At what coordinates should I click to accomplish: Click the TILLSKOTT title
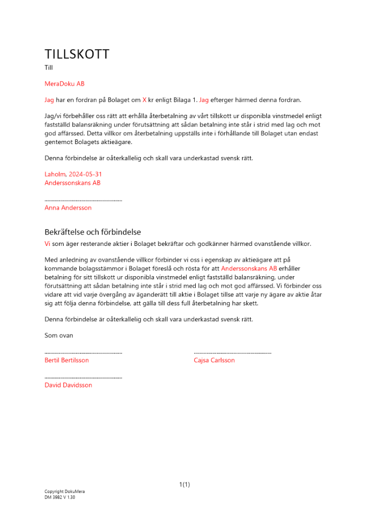(77, 54)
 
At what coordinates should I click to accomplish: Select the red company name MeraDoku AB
(65, 84)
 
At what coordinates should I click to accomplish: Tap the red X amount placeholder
(145, 100)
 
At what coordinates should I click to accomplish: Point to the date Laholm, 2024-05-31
(70, 174)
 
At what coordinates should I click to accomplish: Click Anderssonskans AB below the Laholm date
(73, 183)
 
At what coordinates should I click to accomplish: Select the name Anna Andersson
(68, 208)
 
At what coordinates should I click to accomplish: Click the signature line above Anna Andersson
(83, 200)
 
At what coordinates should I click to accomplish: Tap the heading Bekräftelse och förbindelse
(93, 232)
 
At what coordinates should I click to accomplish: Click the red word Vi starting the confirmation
(47, 244)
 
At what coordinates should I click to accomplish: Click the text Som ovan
(59, 336)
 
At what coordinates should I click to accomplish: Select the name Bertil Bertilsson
(67, 360)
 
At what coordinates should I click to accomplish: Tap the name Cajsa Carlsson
(214, 360)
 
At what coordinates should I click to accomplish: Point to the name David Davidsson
(68, 385)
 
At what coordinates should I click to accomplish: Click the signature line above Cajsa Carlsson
(232, 353)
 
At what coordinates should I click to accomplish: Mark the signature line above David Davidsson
(83, 378)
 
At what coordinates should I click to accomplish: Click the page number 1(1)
(185, 484)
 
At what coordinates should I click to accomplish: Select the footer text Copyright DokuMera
(65, 492)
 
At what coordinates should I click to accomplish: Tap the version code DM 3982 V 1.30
(60, 497)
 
